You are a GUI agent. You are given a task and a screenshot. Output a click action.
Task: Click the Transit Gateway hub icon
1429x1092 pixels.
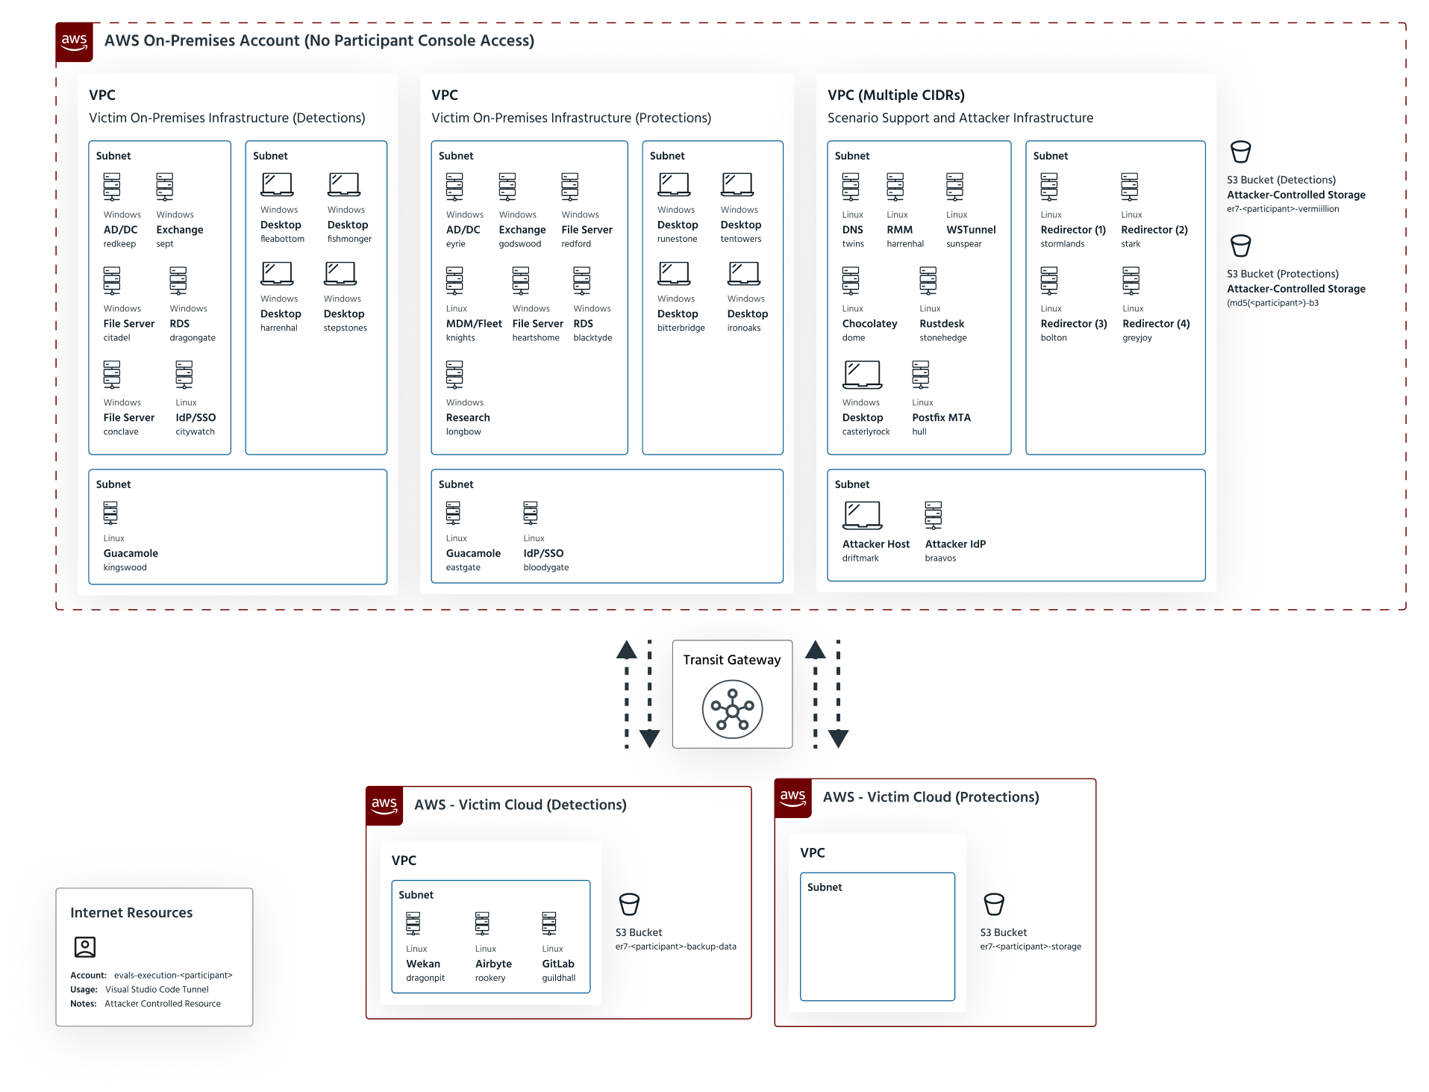click(x=732, y=709)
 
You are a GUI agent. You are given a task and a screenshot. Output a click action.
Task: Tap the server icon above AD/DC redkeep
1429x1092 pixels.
click(x=112, y=187)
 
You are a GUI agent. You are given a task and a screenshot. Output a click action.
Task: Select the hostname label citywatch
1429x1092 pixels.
click(x=195, y=431)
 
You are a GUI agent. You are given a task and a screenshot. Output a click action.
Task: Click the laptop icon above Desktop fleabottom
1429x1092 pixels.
click(x=277, y=184)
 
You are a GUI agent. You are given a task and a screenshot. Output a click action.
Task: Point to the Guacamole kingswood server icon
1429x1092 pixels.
click(x=110, y=513)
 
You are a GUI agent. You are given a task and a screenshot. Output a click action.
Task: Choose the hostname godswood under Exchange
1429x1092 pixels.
click(x=519, y=244)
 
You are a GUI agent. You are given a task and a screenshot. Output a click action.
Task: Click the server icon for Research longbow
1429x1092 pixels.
click(x=454, y=375)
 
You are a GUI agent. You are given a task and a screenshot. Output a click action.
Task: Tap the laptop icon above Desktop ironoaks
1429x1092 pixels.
click(x=744, y=273)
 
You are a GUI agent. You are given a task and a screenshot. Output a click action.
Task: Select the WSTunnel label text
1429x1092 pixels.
click(x=971, y=230)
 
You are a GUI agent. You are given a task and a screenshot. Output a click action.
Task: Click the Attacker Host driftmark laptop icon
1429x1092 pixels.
click(x=862, y=515)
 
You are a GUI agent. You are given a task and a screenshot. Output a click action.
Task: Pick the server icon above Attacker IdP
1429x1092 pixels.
click(x=933, y=515)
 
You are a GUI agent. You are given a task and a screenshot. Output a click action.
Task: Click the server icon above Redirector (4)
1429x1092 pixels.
click(x=1131, y=281)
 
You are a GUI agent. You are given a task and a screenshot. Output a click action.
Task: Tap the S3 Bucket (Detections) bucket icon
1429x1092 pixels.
click(x=1240, y=152)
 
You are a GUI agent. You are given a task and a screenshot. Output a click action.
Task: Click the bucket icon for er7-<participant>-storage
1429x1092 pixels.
click(x=994, y=905)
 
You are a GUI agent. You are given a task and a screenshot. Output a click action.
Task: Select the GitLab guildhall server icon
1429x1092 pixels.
click(x=549, y=924)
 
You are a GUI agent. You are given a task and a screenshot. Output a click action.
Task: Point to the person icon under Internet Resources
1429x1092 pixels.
click(x=85, y=946)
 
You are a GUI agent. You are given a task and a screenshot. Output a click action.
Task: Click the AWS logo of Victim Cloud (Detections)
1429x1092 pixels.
click(x=384, y=805)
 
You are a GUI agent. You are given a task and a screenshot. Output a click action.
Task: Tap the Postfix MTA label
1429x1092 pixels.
click(x=941, y=418)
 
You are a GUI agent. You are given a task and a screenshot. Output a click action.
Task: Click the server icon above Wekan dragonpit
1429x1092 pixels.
click(x=413, y=924)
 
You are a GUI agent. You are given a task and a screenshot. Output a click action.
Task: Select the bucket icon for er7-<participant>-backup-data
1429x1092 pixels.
click(x=629, y=905)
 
